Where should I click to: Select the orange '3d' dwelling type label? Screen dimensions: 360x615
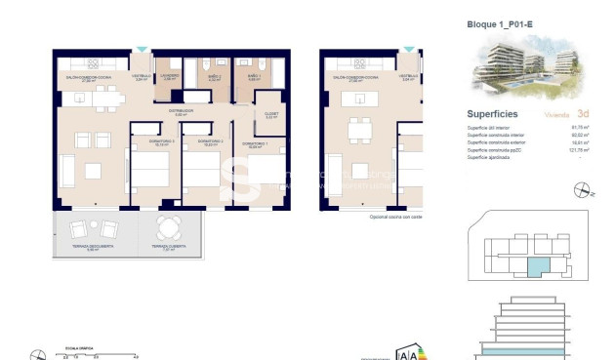pos(582,113)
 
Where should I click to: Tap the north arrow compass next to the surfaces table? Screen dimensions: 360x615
pos(591,194)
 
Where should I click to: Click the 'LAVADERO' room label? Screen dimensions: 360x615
pos(169,76)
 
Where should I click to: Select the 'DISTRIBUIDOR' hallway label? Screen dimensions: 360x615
pos(179,111)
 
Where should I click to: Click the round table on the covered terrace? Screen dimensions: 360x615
pos(170,229)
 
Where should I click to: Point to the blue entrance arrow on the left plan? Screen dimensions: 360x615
pos(143,48)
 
